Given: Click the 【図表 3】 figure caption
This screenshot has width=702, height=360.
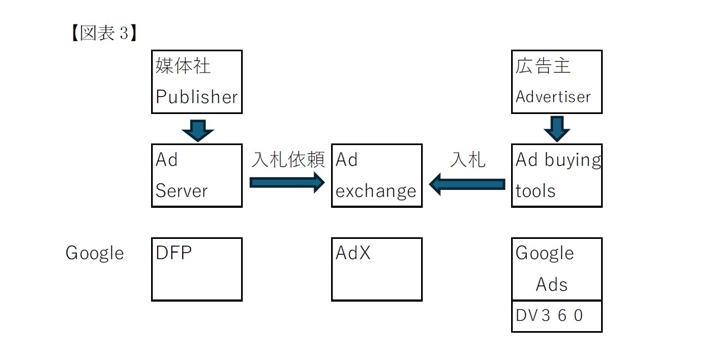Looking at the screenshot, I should (101, 33).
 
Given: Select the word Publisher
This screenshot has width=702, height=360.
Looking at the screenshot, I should (196, 97).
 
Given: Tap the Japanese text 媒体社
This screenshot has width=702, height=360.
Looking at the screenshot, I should (183, 66).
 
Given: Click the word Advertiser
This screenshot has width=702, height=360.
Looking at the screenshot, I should (553, 97).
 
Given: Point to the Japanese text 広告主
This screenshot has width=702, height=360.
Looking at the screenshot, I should (543, 66).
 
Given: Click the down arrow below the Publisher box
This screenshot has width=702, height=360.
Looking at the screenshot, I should (197, 130).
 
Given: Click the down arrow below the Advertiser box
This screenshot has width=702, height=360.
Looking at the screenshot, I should (557, 129).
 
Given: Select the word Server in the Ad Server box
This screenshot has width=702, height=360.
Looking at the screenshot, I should (181, 191).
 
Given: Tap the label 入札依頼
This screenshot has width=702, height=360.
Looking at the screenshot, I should (288, 160).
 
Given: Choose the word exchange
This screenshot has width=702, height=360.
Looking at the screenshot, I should (376, 191).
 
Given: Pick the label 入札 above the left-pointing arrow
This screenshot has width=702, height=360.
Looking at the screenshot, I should (467, 160).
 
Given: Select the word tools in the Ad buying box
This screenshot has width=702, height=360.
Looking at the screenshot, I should (535, 191).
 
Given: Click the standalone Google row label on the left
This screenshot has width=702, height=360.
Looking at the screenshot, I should (94, 253).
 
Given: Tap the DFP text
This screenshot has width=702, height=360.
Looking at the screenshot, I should (173, 253).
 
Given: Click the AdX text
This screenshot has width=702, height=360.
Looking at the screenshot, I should (353, 253).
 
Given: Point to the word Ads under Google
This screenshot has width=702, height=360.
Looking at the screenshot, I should (551, 284).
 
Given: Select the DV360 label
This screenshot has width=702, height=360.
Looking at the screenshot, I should (549, 315).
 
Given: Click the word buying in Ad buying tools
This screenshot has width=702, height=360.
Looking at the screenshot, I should (572, 160).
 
